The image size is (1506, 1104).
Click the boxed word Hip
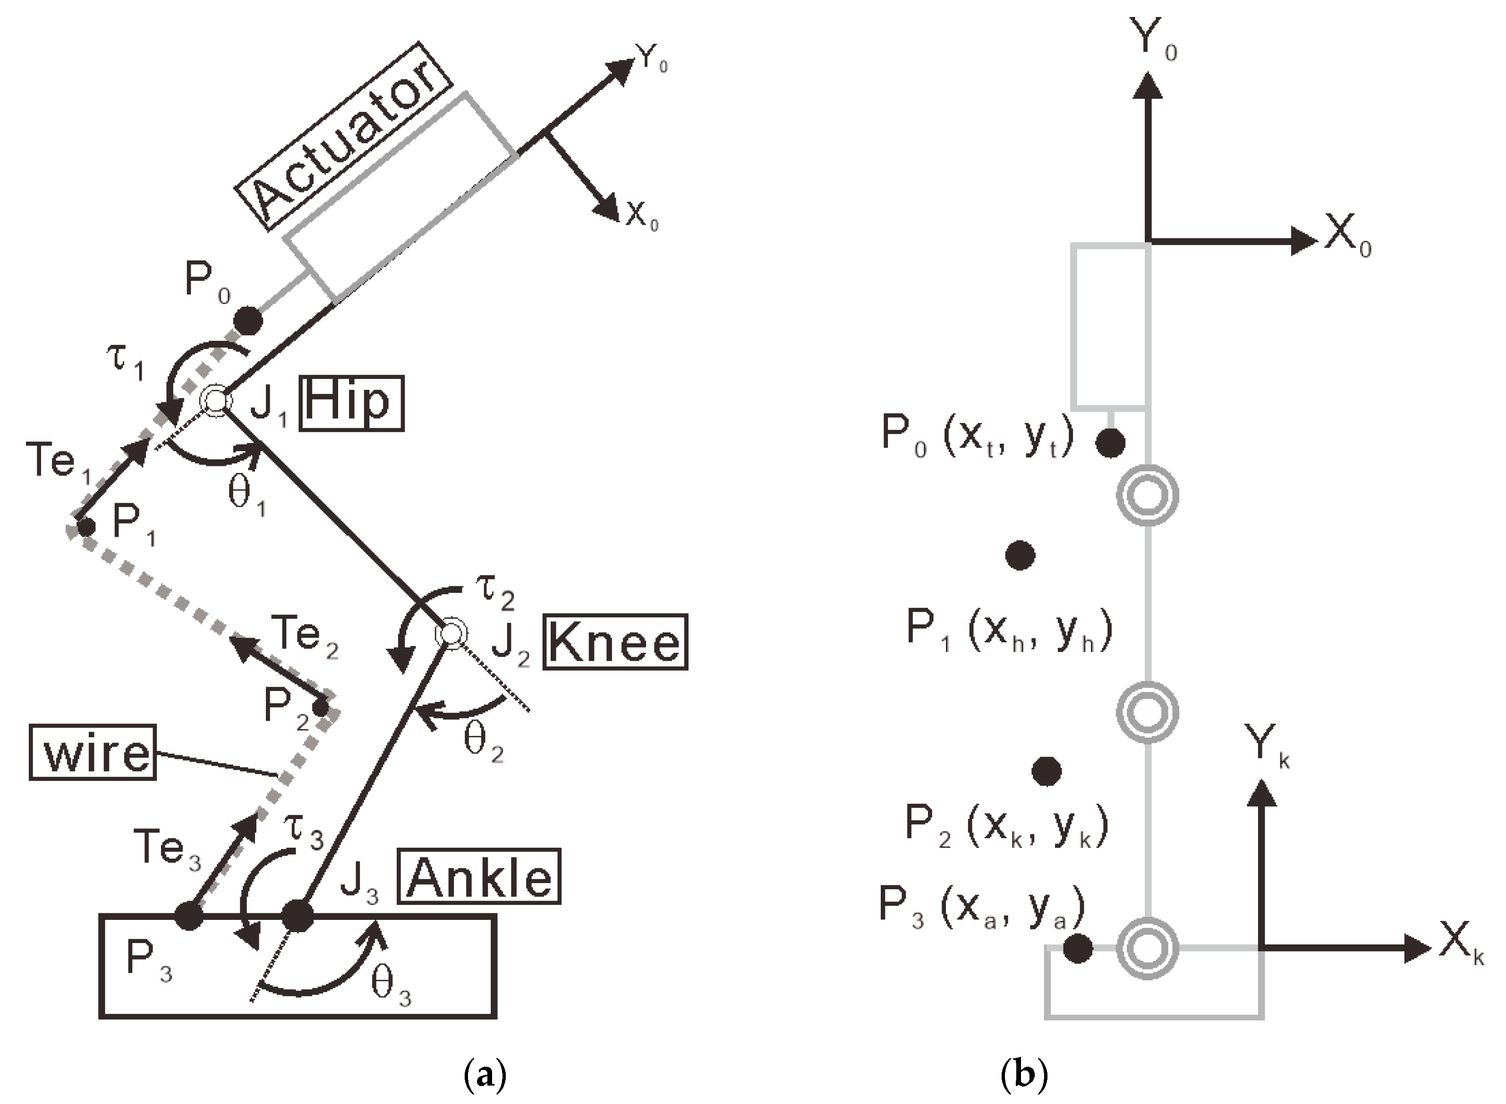pyautogui.click(x=352, y=403)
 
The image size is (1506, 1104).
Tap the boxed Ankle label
pyautogui.click(x=478, y=877)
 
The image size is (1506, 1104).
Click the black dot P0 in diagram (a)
pyautogui.click(x=248, y=321)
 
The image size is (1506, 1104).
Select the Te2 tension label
pyautogui.click(x=305, y=635)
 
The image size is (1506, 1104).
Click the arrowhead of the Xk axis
pyautogui.click(x=1416, y=948)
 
